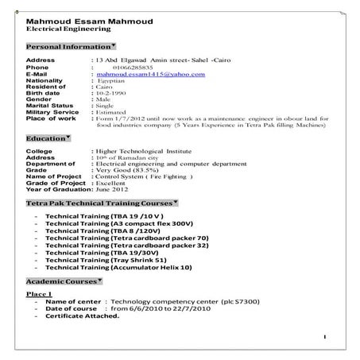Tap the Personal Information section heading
tap(68, 47)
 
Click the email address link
tap(149, 75)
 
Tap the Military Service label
tap(54, 112)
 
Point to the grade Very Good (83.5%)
tap(128, 171)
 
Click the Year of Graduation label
tap(57, 192)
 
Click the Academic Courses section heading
tap(61, 282)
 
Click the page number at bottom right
tap(326, 337)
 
